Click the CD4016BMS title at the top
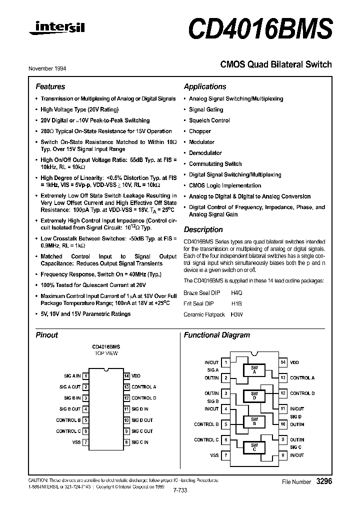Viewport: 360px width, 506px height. click(x=260, y=28)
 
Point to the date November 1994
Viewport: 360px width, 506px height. click(x=50, y=68)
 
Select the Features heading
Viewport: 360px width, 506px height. click(x=50, y=86)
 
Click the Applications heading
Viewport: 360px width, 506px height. click(x=205, y=86)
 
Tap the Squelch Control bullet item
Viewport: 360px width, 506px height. click(x=209, y=120)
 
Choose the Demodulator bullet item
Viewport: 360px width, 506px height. click(x=205, y=153)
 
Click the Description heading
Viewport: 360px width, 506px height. click(x=203, y=230)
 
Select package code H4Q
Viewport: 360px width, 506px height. click(x=236, y=292)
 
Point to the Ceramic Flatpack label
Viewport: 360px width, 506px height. click(x=204, y=314)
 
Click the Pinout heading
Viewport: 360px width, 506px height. click(x=47, y=335)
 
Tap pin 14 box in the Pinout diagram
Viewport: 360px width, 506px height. click(x=126, y=375)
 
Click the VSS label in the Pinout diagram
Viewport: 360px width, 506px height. click(x=76, y=442)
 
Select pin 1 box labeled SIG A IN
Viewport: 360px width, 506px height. click(x=86, y=375)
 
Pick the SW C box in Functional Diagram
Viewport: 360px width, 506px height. click(x=254, y=446)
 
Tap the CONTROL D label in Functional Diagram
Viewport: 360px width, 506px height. click(x=302, y=393)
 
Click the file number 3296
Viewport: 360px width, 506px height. click(x=324, y=481)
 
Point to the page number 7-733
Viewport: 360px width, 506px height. click(x=178, y=490)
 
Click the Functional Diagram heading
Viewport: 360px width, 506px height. click(x=217, y=335)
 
